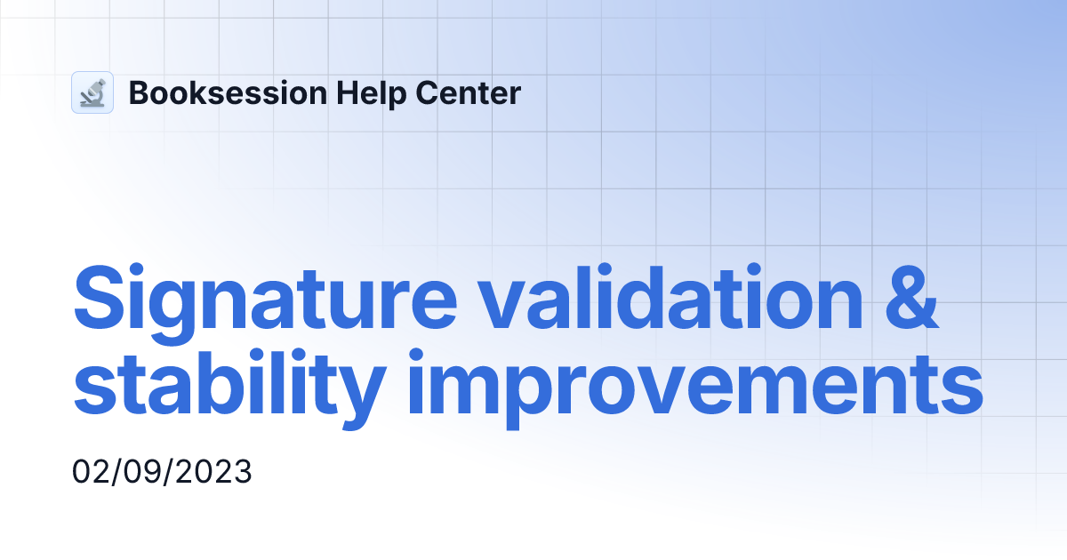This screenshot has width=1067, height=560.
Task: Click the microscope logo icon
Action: pos(92,92)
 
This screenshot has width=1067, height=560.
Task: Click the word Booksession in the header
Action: pos(227,92)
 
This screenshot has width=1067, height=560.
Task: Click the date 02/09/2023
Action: pos(162,472)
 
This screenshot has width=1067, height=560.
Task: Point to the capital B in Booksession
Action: pos(139,92)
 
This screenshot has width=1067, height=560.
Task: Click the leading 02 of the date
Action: pos(89,472)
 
